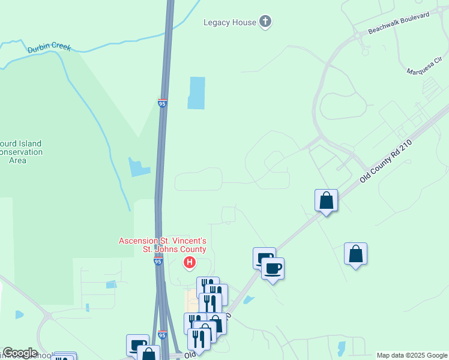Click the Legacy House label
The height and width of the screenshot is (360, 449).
[230, 23]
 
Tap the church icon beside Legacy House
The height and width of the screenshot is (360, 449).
[265, 23]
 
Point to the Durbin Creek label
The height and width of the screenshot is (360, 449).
[49, 47]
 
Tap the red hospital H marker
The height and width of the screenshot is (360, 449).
[190, 262]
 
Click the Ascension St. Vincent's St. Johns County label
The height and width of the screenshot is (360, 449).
[163, 245]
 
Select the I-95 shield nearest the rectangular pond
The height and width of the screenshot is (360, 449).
[163, 103]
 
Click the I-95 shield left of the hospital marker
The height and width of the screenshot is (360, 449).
[158, 262]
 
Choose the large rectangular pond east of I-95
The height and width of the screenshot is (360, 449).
[196, 93]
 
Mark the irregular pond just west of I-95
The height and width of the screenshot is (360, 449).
[138, 167]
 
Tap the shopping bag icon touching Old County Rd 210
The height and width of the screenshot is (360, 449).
[326, 200]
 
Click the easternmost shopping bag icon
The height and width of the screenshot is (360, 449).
[355, 253]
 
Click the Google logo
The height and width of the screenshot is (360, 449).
[19, 353]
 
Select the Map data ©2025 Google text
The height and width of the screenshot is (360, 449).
[411, 355]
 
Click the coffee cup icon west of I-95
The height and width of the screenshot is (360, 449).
[137, 345]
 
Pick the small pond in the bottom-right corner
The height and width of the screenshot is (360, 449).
[342, 348]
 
